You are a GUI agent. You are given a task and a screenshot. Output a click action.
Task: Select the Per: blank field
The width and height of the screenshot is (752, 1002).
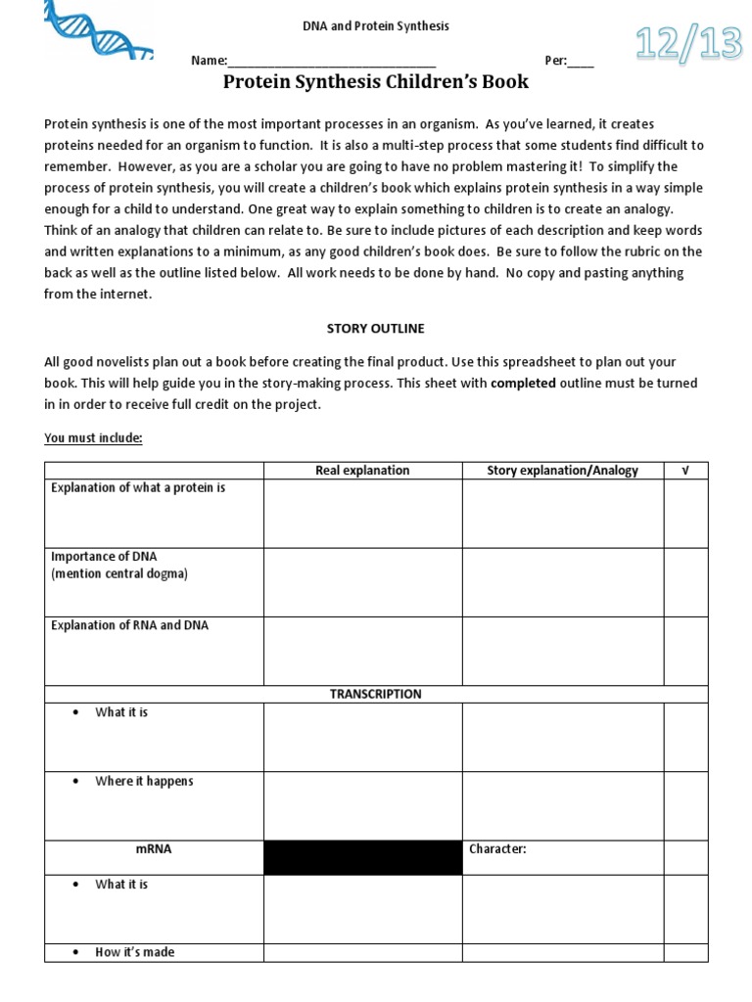coord(580,61)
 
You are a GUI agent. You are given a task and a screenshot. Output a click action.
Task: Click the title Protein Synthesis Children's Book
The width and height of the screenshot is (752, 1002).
coord(375,82)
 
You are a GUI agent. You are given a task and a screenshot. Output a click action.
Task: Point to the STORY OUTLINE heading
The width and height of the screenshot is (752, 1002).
coord(375,329)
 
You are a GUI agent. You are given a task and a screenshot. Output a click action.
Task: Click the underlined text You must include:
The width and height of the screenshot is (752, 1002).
coord(93,437)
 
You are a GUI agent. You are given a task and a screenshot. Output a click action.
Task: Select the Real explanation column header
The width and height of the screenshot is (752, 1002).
coord(362,471)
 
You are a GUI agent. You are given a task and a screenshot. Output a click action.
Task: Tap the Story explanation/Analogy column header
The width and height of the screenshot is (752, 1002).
coord(562,471)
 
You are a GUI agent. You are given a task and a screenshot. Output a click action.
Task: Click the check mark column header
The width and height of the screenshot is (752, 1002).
coord(685,471)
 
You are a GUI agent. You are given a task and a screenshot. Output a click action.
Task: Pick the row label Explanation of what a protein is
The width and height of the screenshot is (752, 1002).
coord(138,487)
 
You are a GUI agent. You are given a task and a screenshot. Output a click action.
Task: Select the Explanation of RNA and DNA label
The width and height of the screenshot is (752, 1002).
coord(129,625)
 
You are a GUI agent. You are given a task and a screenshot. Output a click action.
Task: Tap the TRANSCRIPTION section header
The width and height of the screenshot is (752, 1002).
coord(375,694)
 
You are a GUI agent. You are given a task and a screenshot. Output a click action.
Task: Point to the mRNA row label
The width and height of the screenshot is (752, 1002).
coord(154,849)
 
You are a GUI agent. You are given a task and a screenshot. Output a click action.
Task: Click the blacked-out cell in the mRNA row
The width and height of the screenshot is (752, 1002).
coord(362,857)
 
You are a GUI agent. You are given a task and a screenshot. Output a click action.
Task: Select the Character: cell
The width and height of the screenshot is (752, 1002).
coord(497,849)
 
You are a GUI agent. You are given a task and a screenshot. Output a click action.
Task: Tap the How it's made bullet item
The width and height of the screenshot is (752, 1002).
coord(135,952)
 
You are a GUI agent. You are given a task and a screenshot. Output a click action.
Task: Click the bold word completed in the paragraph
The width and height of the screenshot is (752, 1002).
coord(523,385)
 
